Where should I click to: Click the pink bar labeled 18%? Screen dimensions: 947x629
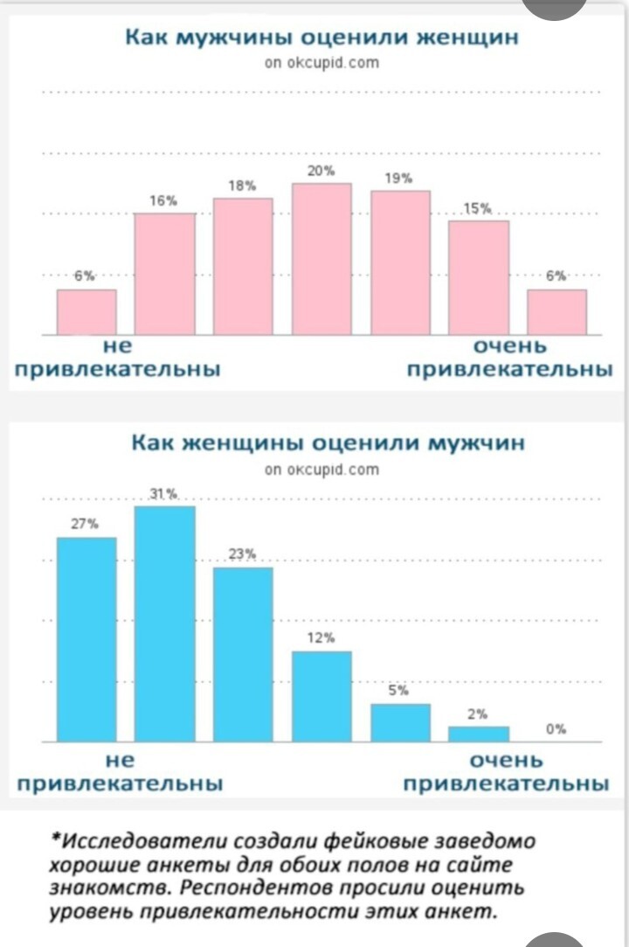point(243,266)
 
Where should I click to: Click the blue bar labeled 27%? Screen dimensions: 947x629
point(86,639)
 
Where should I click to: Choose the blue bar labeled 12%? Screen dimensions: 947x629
point(321,696)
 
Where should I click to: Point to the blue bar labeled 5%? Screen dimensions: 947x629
point(400,722)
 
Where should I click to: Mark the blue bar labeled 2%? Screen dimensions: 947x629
point(479,734)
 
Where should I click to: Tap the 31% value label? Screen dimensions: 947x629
point(164,495)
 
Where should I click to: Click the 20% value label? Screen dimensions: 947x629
point(321,171)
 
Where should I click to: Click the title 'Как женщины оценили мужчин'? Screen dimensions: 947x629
point(328,442)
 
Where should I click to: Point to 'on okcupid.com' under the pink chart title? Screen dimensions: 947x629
point(321,63)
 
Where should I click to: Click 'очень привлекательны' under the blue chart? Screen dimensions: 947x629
point(507,771)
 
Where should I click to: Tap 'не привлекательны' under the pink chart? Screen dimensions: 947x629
point(117,359)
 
